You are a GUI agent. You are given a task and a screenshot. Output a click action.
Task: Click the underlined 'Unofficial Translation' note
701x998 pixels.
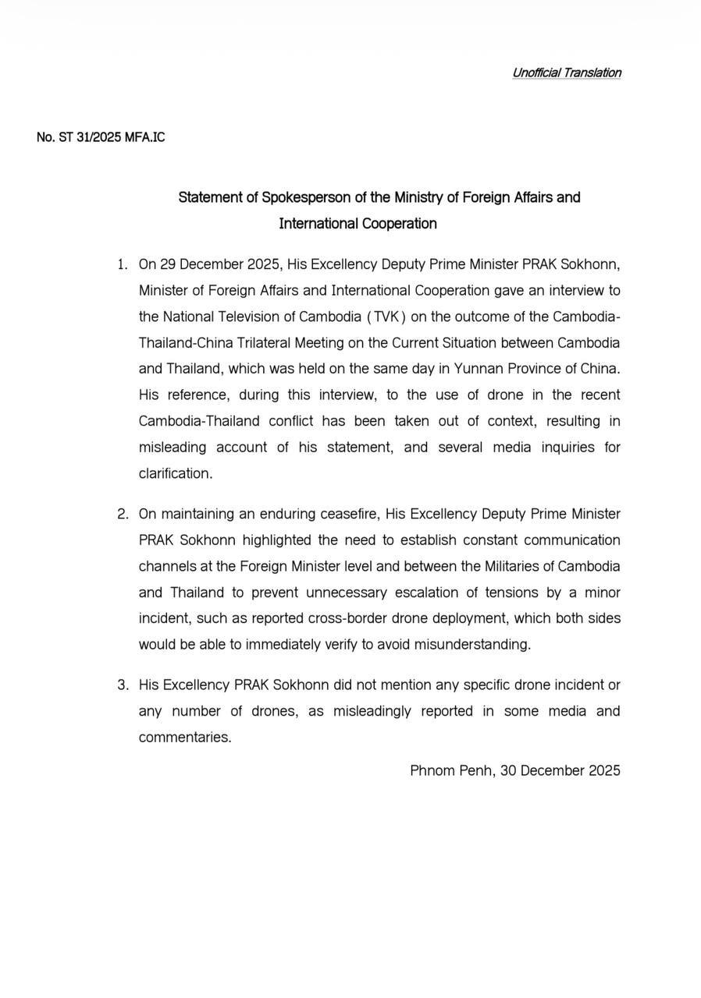(x=567, y=73)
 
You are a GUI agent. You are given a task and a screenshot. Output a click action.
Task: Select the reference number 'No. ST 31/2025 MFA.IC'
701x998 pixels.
(x=101, y=137)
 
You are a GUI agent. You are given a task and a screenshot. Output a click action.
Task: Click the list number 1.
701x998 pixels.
(x=122, y=264)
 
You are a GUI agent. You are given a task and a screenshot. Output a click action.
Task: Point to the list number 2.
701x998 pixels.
(x=123, y=514)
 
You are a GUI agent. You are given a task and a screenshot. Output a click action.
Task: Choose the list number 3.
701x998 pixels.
(x=123, y=685)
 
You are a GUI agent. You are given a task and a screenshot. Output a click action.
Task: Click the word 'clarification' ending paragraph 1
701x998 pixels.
(x=175, y=473)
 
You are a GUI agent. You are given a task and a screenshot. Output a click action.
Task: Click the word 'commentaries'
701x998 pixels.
(x=185, y=737)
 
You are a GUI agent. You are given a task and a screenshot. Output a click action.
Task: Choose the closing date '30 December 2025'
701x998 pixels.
(x=560, y=770)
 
